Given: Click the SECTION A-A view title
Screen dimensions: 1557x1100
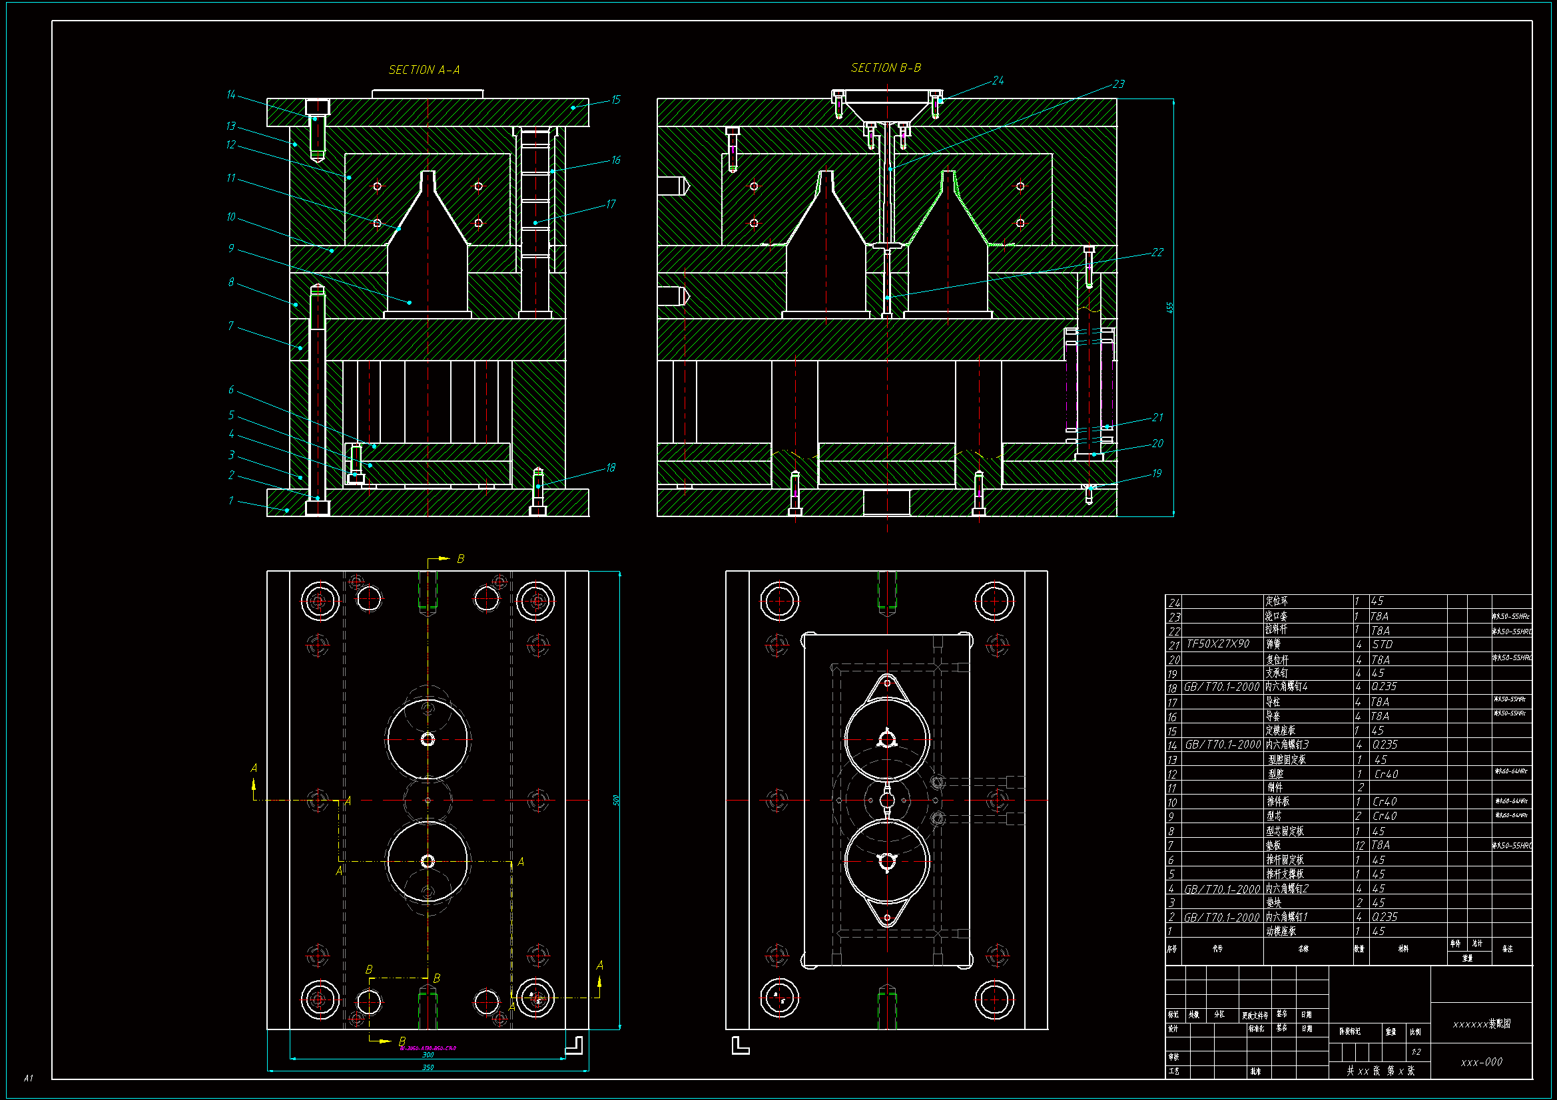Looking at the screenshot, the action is coord(424,70).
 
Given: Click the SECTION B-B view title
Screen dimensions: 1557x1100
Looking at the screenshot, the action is coord(886,68).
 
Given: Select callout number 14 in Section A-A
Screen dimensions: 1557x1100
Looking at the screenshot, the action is coord(230,95).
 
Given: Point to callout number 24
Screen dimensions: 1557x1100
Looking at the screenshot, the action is coord(998,81).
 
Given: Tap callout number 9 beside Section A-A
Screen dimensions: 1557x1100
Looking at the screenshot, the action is coord(231,248).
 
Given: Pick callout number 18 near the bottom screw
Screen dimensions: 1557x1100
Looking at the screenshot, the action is coord(610,468).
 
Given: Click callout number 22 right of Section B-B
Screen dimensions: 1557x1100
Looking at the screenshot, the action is coord(1157,252).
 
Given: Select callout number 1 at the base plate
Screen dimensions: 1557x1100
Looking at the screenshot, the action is coord(230,501).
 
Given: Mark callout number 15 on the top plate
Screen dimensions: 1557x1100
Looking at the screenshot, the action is coord(615,100).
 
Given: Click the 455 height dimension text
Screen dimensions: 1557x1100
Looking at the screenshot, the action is coord(1169,307).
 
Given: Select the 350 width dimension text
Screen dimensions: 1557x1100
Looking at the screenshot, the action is coord(428,1067).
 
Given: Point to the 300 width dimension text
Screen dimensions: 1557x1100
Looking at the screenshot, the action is coord(428,1055).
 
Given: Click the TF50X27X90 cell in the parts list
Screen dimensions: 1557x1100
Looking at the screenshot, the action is coord(1217,644).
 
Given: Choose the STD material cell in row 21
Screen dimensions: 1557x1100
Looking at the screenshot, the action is coord(1382,645).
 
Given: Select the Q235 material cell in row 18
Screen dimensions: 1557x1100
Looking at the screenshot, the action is coord(1384,687).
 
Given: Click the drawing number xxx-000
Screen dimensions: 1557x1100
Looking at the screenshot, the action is coord(1481,1062).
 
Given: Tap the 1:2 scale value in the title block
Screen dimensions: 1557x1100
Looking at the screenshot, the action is coord(1416,1052).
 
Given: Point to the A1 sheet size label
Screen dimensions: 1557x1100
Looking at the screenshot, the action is coord(29,1077).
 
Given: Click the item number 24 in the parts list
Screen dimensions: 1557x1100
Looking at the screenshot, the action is coord(1174,602).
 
